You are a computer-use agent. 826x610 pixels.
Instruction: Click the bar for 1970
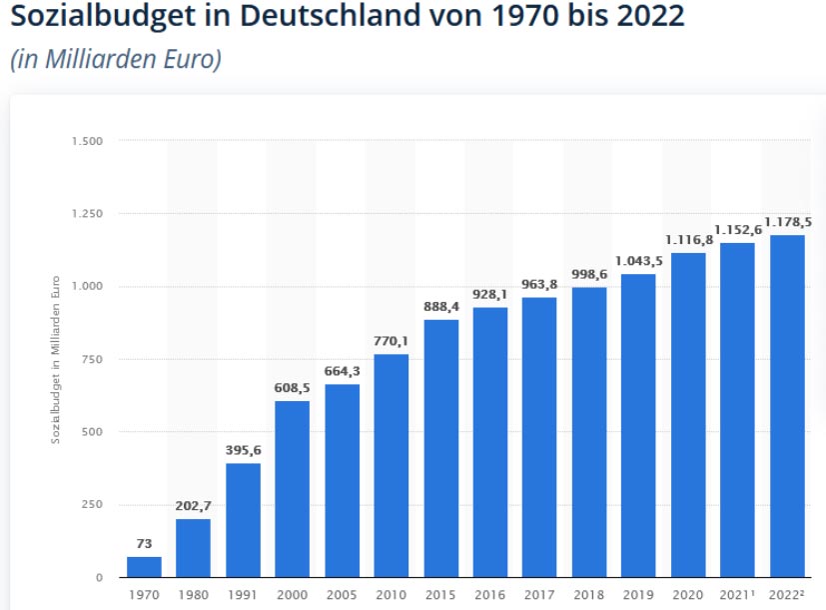(144, 567)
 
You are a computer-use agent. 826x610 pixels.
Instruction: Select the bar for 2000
(293, 489)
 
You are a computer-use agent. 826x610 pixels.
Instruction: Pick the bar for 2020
(688, 415)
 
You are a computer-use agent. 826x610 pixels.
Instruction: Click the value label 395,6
(243, 450)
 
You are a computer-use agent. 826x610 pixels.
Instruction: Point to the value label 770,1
(392, 341)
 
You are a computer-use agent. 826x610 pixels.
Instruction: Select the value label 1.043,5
(639, 261)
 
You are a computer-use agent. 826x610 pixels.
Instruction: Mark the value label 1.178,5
(788, 222)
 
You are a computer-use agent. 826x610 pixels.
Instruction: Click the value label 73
(144, 544)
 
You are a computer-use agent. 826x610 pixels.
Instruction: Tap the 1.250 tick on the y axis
(87, 213)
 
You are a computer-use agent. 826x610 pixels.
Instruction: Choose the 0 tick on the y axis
(99, 577)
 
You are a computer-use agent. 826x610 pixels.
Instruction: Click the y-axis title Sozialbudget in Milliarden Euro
(56, 359)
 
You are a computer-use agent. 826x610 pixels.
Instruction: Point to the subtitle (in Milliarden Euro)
(115, 59)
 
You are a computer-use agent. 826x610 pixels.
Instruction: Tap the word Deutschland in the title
(325, 17)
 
